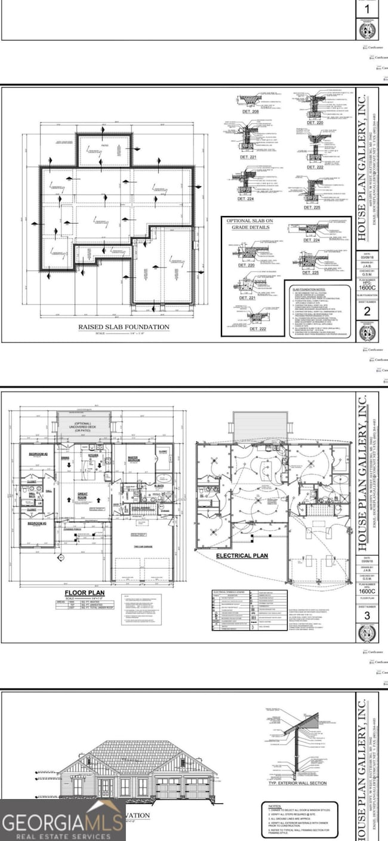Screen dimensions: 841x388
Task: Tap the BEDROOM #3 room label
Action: pyautogui.click(x=37, y=523)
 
